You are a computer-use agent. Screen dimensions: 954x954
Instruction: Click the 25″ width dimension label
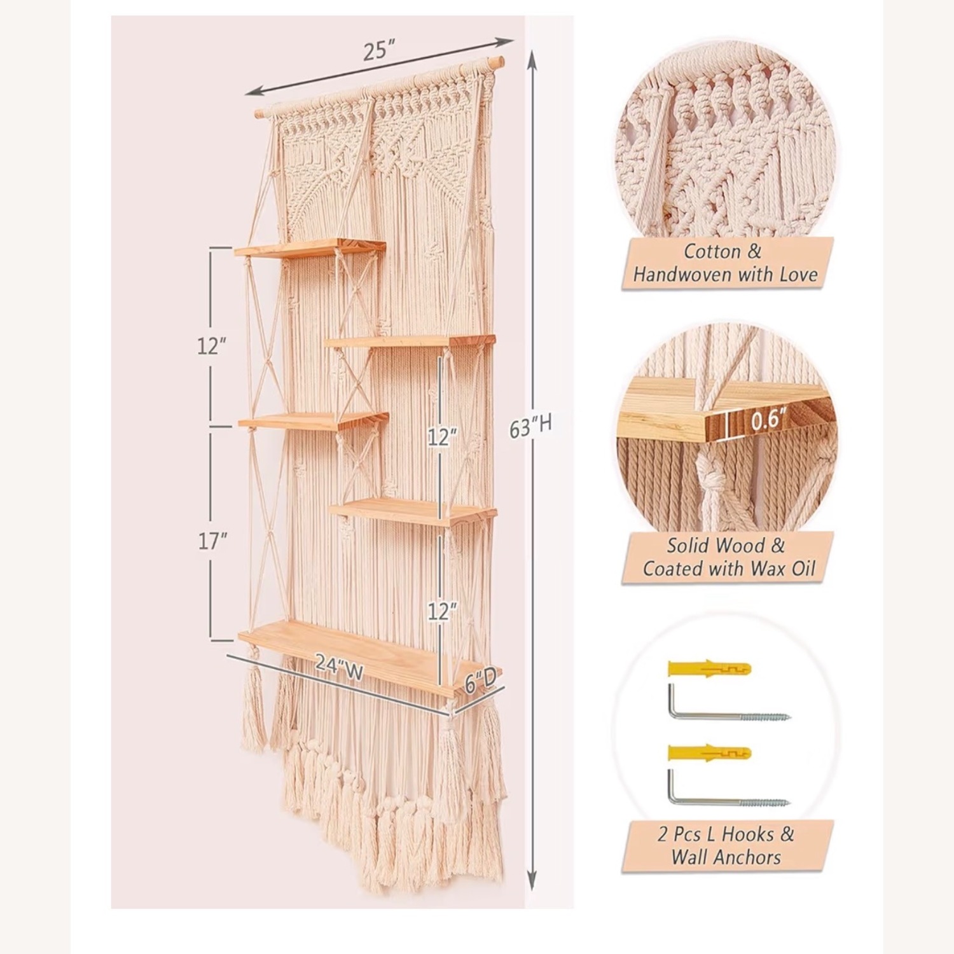380,51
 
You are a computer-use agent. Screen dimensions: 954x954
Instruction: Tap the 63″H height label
530,427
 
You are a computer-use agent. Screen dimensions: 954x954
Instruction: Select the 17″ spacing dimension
212,542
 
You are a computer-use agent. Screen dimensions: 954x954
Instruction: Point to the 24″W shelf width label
339,667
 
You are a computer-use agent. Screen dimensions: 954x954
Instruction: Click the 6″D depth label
480,683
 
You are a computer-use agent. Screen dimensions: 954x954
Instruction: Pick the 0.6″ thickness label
768,420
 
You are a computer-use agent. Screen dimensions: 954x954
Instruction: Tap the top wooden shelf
310,248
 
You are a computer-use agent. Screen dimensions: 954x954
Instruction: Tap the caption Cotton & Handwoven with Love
726,263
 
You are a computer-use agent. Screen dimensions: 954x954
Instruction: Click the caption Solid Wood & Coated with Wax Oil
728,557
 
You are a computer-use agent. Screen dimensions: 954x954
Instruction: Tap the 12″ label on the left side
212,346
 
